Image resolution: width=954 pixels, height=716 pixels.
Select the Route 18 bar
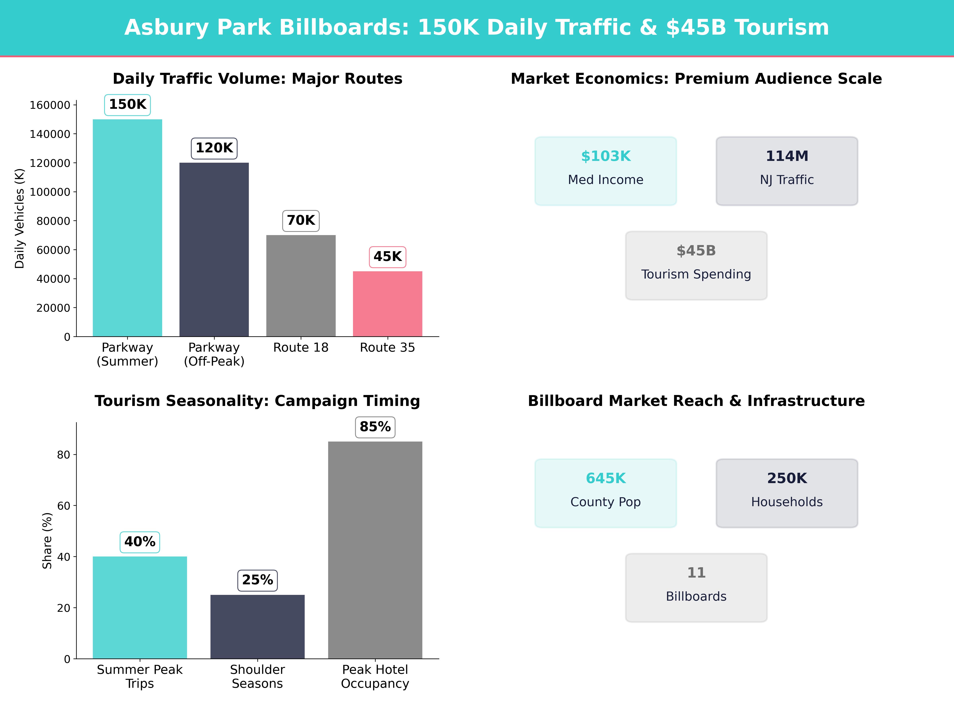[x=301, y=286]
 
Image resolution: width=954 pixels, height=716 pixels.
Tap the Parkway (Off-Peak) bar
[x=214, y=249]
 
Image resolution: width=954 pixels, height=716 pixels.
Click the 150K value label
[x=128, y=104]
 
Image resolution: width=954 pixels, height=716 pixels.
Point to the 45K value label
[x=387, y=257]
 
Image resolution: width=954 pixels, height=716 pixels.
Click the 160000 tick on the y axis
[x=50, y=105]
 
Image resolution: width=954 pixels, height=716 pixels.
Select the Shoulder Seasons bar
[x=257, y=627]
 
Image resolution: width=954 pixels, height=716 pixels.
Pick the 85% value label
[x=375, y=427]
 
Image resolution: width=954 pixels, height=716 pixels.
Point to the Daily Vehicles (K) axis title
[x=19, y=218]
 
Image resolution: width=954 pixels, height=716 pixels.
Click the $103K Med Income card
[x=606, y=171]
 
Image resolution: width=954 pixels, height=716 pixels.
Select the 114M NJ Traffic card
[x=787, y=171]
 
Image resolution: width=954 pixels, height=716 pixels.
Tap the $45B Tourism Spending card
[x=696, y=266]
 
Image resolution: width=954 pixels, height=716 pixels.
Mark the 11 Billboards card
[x=696, y=587]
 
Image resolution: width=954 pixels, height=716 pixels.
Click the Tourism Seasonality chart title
[x=257, y=401]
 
